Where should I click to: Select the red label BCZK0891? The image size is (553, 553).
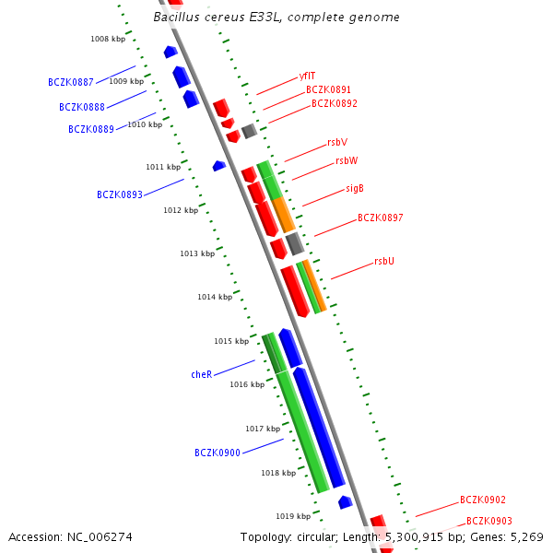(328, 90)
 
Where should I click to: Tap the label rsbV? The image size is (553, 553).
(337, 143)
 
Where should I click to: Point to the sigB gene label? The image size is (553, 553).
(355, 188)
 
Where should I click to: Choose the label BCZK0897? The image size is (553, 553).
(380, 218)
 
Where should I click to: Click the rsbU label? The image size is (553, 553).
(384, 262)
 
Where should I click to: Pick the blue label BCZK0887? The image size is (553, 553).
(71, 82)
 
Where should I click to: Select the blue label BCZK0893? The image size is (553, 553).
(120, 195)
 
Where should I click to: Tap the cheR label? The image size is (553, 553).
(202, 375)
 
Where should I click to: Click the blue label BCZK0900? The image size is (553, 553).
(218, 453)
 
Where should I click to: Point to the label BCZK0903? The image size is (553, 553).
(489, 522)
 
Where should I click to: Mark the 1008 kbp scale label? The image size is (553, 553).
(108, 39)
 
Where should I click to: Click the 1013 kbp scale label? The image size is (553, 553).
(197, 253)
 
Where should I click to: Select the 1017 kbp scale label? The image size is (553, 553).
(263, 429)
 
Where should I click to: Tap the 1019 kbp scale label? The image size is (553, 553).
(293, 516)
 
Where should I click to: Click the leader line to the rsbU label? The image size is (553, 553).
(349, 271)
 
